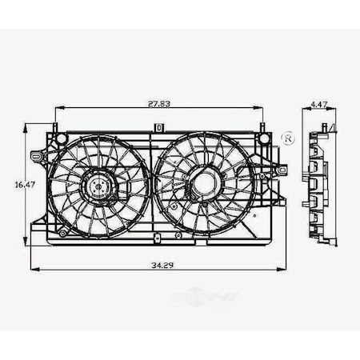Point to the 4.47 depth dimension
[x=318, y=103]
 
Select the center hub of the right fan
[x=204, y=184]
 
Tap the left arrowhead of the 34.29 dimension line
[x=32, y=270]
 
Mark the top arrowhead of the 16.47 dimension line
[x=25, y=126]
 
